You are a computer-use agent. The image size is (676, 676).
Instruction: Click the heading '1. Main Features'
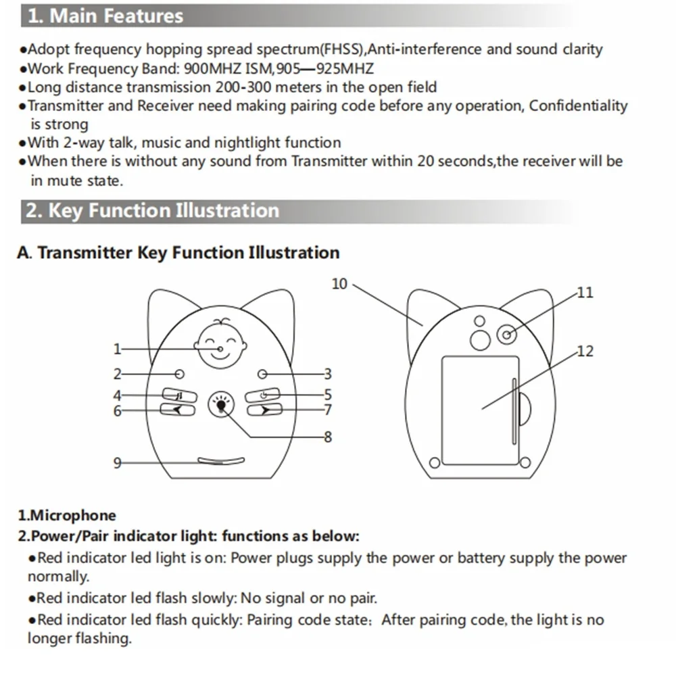pyautogui.click(x=105, y=16)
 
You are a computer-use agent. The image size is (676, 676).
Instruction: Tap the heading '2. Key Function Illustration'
pyautogui.click(x=152, y=210)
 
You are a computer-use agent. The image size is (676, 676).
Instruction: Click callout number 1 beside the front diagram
pyautogui.click(x=117, y=349)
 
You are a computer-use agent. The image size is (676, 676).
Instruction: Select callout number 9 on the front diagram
pyautogui.click(x=117, y=462)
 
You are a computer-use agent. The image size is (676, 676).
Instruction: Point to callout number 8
pyautogui.click(x=328, y=437)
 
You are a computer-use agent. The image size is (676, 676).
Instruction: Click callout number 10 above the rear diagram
pyautogui.click(x=339, y=284)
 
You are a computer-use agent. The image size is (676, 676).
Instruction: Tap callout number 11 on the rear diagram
pyautogui.click(x=585, y=292)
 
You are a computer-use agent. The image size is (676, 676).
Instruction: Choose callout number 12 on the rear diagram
pyautogui.click(x=585, y=351)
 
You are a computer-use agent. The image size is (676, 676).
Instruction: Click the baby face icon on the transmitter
pyautogui.click(x=220, y=344)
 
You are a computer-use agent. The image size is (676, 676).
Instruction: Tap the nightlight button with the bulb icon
pyautogui.click(x=220, y=404)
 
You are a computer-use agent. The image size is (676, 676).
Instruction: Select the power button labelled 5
pyautogui.click(x=263, y=395)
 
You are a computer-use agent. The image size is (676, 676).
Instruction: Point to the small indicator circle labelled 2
pyautogui.click(x=179, y=374)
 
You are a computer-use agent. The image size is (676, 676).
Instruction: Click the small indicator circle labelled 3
pyautogui.click(x=263, y=374)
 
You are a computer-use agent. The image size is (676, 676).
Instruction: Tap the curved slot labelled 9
pyautogui.click(x=221, y=461)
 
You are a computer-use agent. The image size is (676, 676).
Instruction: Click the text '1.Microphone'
pyautogui.click(x=67, y=516)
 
